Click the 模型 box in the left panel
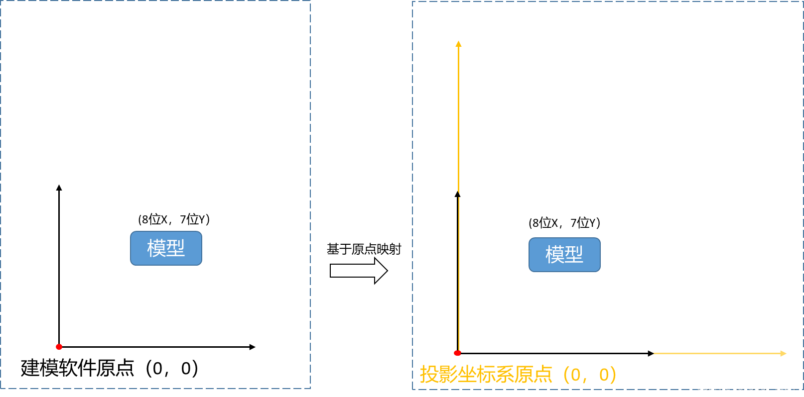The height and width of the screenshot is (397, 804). [166, 248]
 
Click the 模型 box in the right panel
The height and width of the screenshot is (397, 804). [564, 255]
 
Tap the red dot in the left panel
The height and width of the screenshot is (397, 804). [59, 347]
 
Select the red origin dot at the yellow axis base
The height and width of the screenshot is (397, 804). [457, 353]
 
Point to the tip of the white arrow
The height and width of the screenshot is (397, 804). [385, 271]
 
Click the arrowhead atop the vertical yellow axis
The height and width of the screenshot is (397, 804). [459, 44]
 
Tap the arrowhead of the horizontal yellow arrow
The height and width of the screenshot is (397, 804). [784, 354]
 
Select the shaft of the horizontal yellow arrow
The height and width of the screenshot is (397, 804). [717, 354]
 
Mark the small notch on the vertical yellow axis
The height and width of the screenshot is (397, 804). [458, 194]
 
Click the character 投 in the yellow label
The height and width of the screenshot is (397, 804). [428, 375]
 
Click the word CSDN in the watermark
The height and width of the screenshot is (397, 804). [708, 387]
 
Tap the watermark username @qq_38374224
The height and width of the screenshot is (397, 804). [760, 387]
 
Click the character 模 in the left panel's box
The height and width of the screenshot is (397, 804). [156, 248]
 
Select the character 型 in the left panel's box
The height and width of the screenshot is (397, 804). [175, 248]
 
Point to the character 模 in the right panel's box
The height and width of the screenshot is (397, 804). [555, 255]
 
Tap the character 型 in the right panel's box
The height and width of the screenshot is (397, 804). [574, 255]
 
